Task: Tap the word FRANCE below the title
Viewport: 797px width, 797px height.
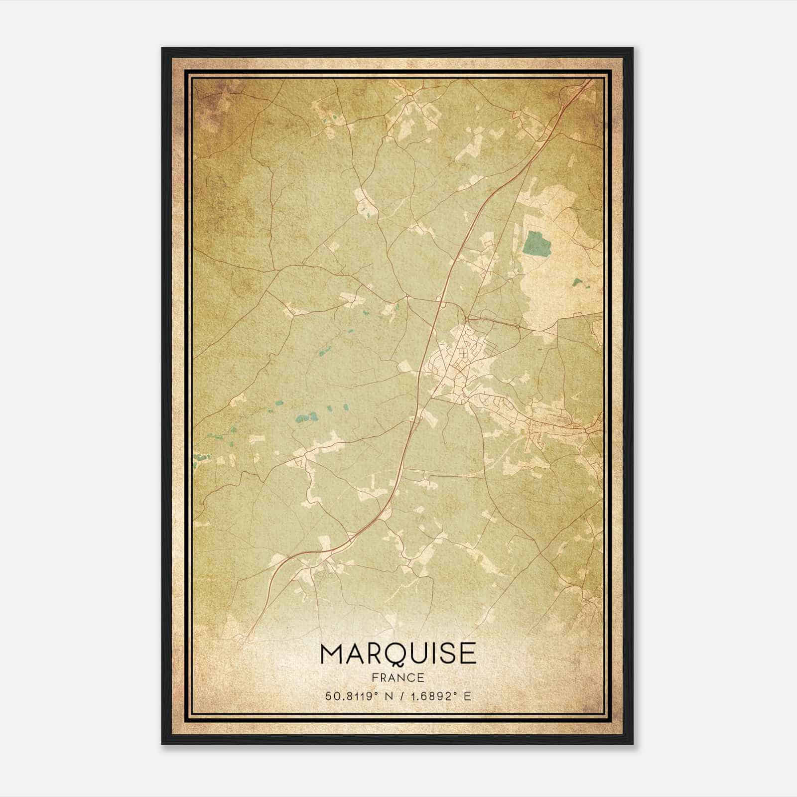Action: [398, 677]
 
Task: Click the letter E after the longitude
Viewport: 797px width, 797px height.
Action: [467, 696]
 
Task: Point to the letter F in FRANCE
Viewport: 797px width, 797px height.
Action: [375, 677]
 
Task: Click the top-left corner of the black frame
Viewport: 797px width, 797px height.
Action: [162, 48]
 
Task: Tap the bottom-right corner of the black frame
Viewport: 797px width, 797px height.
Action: [633, 744]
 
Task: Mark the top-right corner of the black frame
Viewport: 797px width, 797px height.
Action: [633, 48]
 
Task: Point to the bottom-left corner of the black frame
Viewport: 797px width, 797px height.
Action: [162, 744]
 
